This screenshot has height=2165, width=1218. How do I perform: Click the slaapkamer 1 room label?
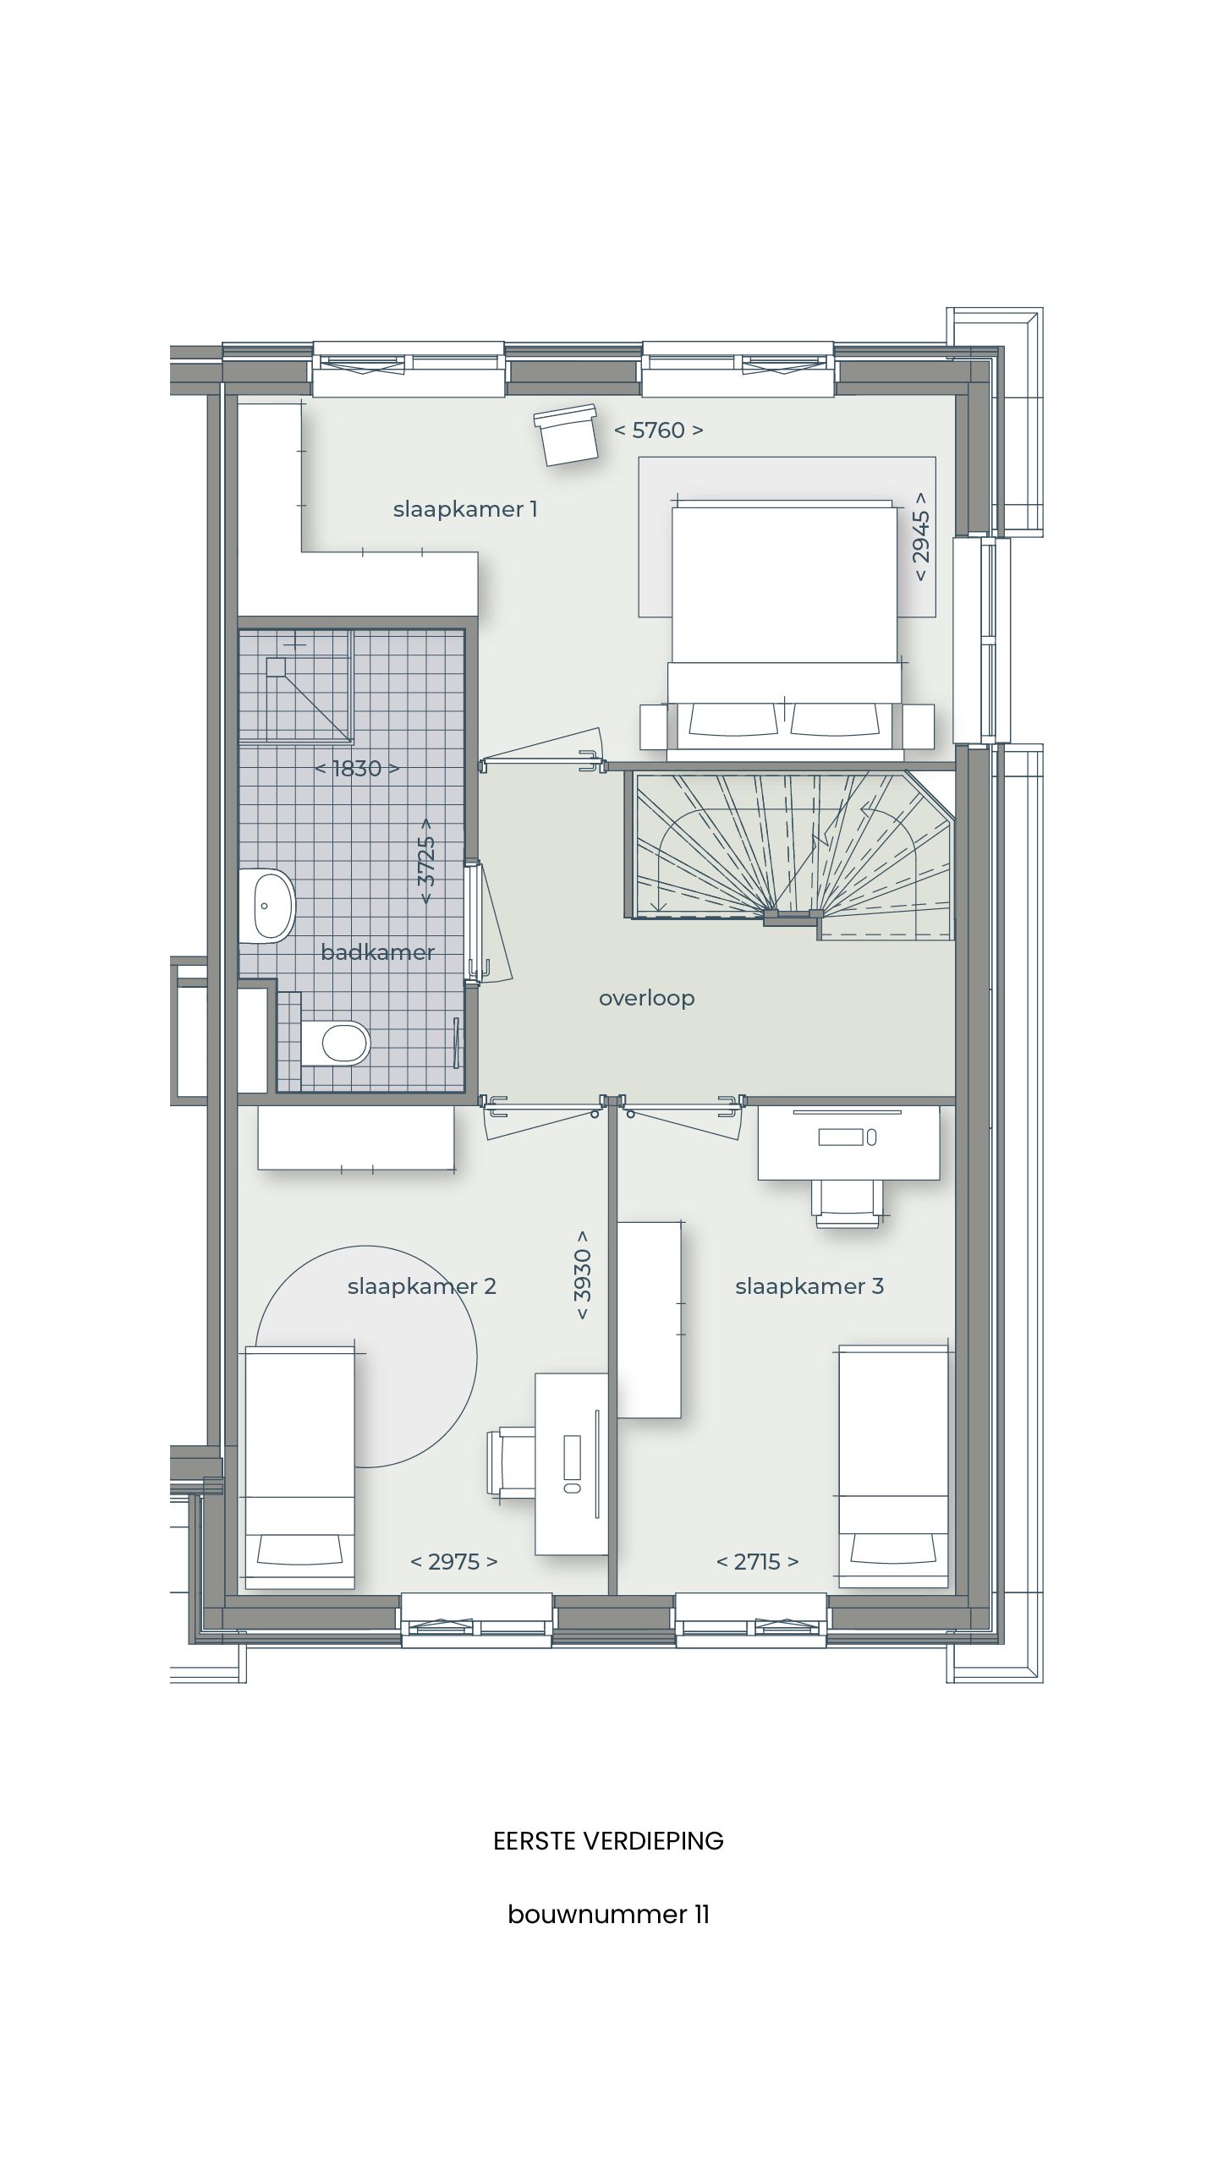[x=465, y=509]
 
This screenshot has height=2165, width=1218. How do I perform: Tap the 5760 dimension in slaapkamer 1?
[x=658, y=430]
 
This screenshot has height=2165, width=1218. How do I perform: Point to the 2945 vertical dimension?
[x=921, y=537]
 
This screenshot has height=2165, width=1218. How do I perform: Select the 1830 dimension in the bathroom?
[x=356, y=769]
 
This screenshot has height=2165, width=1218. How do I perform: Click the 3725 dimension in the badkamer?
[x=427, y=860]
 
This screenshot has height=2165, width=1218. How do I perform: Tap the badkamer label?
[x=377, y=952]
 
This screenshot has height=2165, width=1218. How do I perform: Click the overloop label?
[x=647, y=998]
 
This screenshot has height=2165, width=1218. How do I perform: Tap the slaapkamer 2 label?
[x=421, y=1286]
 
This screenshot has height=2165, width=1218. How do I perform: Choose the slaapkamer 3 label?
[x=809, y=1286]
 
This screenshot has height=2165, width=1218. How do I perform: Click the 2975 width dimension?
[x=454, y=1561]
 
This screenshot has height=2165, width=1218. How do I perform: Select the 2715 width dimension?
[x=757, y=1561]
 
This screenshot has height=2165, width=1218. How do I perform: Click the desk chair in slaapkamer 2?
[x=510, y=1461]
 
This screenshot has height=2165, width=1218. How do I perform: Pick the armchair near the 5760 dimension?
[x=568, y=436]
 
